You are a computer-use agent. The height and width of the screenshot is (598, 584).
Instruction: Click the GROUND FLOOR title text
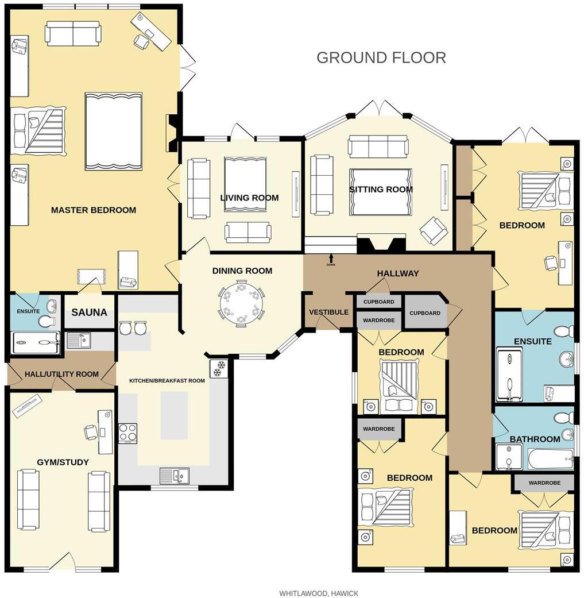(381, 57)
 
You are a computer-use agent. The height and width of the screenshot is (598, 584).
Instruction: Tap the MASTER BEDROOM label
(94, 210)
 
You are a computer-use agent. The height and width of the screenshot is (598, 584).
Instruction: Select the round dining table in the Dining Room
(241, 303)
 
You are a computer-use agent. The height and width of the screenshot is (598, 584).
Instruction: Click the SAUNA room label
(89, 312)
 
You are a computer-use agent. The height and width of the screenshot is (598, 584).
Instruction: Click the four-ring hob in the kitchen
(127, 433)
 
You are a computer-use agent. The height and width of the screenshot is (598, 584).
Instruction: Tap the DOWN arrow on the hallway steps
(331, 259)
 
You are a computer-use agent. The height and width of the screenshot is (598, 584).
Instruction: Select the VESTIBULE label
(328, 312)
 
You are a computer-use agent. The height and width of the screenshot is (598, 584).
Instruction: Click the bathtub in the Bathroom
(550, 459)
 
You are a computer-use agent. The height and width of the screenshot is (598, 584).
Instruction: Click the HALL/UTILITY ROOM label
(61, 374)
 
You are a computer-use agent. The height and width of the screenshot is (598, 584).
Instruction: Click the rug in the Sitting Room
(381, 191)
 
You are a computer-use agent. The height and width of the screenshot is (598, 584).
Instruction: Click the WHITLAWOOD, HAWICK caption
(319, 593)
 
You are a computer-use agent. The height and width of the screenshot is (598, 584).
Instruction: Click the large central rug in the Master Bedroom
(113, 131)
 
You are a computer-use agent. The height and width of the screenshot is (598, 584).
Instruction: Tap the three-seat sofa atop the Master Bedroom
(73, 33)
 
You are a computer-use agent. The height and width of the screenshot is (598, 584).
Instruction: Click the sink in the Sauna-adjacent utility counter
(78, 341)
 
